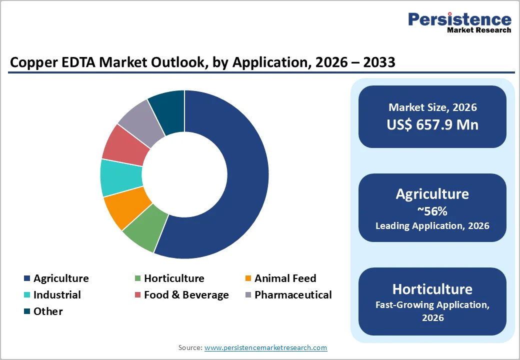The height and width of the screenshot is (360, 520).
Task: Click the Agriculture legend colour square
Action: pos(27,279)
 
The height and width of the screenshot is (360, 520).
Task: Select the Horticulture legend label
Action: pos(174,278)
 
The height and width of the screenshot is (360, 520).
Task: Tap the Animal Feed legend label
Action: pos(285,278)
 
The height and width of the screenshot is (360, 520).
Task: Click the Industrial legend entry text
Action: pos(57,295)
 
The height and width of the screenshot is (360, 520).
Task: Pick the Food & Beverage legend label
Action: pos(186,295)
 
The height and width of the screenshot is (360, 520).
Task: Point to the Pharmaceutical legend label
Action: pos(293,295)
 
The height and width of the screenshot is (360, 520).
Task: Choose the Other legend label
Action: pos(48,311)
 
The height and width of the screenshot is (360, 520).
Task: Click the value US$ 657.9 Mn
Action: pos(432,124)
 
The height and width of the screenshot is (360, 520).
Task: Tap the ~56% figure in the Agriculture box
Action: pos(432,211)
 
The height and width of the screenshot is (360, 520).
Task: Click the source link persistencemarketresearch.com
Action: pos(265,347)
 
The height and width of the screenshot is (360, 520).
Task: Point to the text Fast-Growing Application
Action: pos(432,304)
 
